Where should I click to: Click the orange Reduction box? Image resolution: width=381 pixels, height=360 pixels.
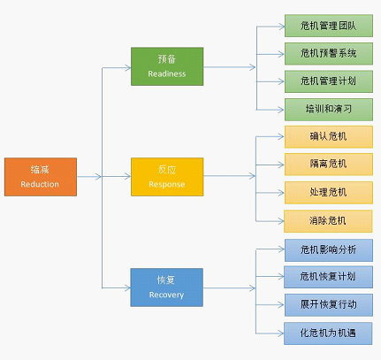pyautogui.click(x=41, y=177)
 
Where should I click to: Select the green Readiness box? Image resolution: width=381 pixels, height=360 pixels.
pyautogui.click(x=167, y=66)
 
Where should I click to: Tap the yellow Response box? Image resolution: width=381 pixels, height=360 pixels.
pyautogui.click(x=167, y=177)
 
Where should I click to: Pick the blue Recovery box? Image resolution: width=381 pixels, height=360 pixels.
pyautogui.click(x=167, y=287)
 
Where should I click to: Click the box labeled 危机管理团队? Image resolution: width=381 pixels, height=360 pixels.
pyautogui.click(x=329, y=26)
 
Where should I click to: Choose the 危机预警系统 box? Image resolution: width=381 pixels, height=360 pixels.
pyautogui.click(x=329, y=54)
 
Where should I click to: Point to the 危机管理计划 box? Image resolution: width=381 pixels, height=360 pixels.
pyautogui.click(x=329, y=81)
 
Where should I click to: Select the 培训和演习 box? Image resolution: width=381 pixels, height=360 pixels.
pyautogui.click(x=329, y=110)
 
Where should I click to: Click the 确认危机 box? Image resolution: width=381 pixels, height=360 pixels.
pyautogui.click(x=329, y=137)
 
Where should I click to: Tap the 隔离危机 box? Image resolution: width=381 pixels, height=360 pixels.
pyautogui.click(x=329, y=165)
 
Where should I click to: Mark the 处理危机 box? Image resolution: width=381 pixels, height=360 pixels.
pyautogui.click(x=329, y=193)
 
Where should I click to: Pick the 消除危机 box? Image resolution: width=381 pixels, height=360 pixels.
pyautogui.click(x=328, y=221)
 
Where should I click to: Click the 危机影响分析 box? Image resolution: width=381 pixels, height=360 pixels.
pyautogui.click(x=329, y=250)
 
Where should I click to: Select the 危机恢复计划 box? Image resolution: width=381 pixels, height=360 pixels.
pyautogui.click(x=328, y=277)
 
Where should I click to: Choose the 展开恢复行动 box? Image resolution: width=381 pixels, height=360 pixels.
pyautogui.click(x=329, y=305)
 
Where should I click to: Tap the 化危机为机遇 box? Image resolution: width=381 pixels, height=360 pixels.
pyautogui.click(x=328, y=333)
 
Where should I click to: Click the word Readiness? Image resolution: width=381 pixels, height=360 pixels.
pyautogui.click(x=167, y=73)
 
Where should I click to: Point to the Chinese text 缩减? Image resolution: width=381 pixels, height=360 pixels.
pyautogui.click(x=40, y=170)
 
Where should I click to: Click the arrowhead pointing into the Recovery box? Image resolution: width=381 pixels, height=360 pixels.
pyautogui.click(x=127, y=288)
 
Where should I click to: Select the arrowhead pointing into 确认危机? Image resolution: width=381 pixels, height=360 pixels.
pyautogui.click(x=281, y=136)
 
